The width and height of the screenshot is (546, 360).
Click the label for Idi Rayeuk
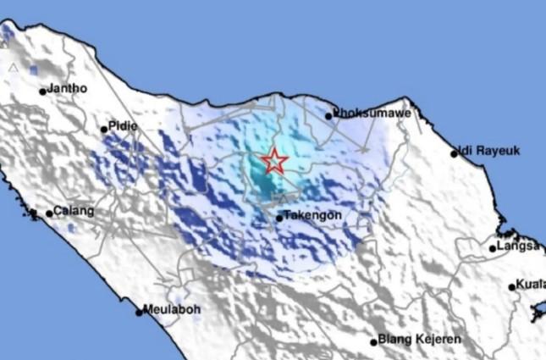point(489,152)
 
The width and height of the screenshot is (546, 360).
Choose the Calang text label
point(74,211)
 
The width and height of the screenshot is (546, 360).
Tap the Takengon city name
point(313,215)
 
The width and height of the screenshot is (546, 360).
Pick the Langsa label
point(519,246)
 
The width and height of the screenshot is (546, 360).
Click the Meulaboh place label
point(173,309)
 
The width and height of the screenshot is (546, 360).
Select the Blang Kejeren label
point(420,340)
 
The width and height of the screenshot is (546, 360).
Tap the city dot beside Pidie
point(104,130)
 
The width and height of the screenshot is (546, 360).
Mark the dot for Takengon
point(279,219)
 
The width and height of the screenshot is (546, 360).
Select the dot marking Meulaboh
point(140,313)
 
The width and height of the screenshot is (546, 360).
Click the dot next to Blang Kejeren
point(373,342)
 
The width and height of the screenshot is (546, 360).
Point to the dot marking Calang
point(49,213)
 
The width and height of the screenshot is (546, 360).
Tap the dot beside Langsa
point(493,248)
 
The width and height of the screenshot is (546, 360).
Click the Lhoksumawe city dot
point(328,116)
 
